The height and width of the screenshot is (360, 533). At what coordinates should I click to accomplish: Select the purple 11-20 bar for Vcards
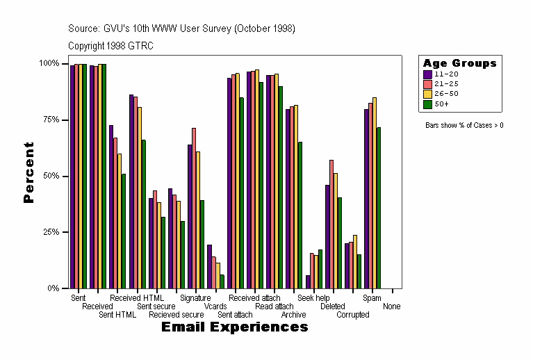(209, 266)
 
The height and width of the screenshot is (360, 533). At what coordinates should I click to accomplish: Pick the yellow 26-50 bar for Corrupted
(355, 261)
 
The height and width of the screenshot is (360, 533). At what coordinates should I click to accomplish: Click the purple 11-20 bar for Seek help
(308, 281)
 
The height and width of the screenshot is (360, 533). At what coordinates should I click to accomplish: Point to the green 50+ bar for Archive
(300, 215)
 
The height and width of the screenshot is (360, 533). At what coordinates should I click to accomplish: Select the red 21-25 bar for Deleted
(331, 224)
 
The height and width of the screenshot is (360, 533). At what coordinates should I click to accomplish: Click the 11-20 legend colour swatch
(427, 74)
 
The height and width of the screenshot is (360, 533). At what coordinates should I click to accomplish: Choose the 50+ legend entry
(442, 104)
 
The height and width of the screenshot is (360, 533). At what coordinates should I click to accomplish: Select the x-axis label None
(391, 306)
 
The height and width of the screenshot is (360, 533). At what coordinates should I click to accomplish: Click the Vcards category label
(215, 306)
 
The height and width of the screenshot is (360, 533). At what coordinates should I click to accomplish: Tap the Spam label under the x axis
(372, 298)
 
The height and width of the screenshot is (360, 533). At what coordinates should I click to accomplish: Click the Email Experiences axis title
(234, 327)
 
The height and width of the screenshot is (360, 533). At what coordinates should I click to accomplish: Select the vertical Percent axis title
(29, 172)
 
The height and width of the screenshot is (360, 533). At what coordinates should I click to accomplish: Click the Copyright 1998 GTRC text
(110, 46)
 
